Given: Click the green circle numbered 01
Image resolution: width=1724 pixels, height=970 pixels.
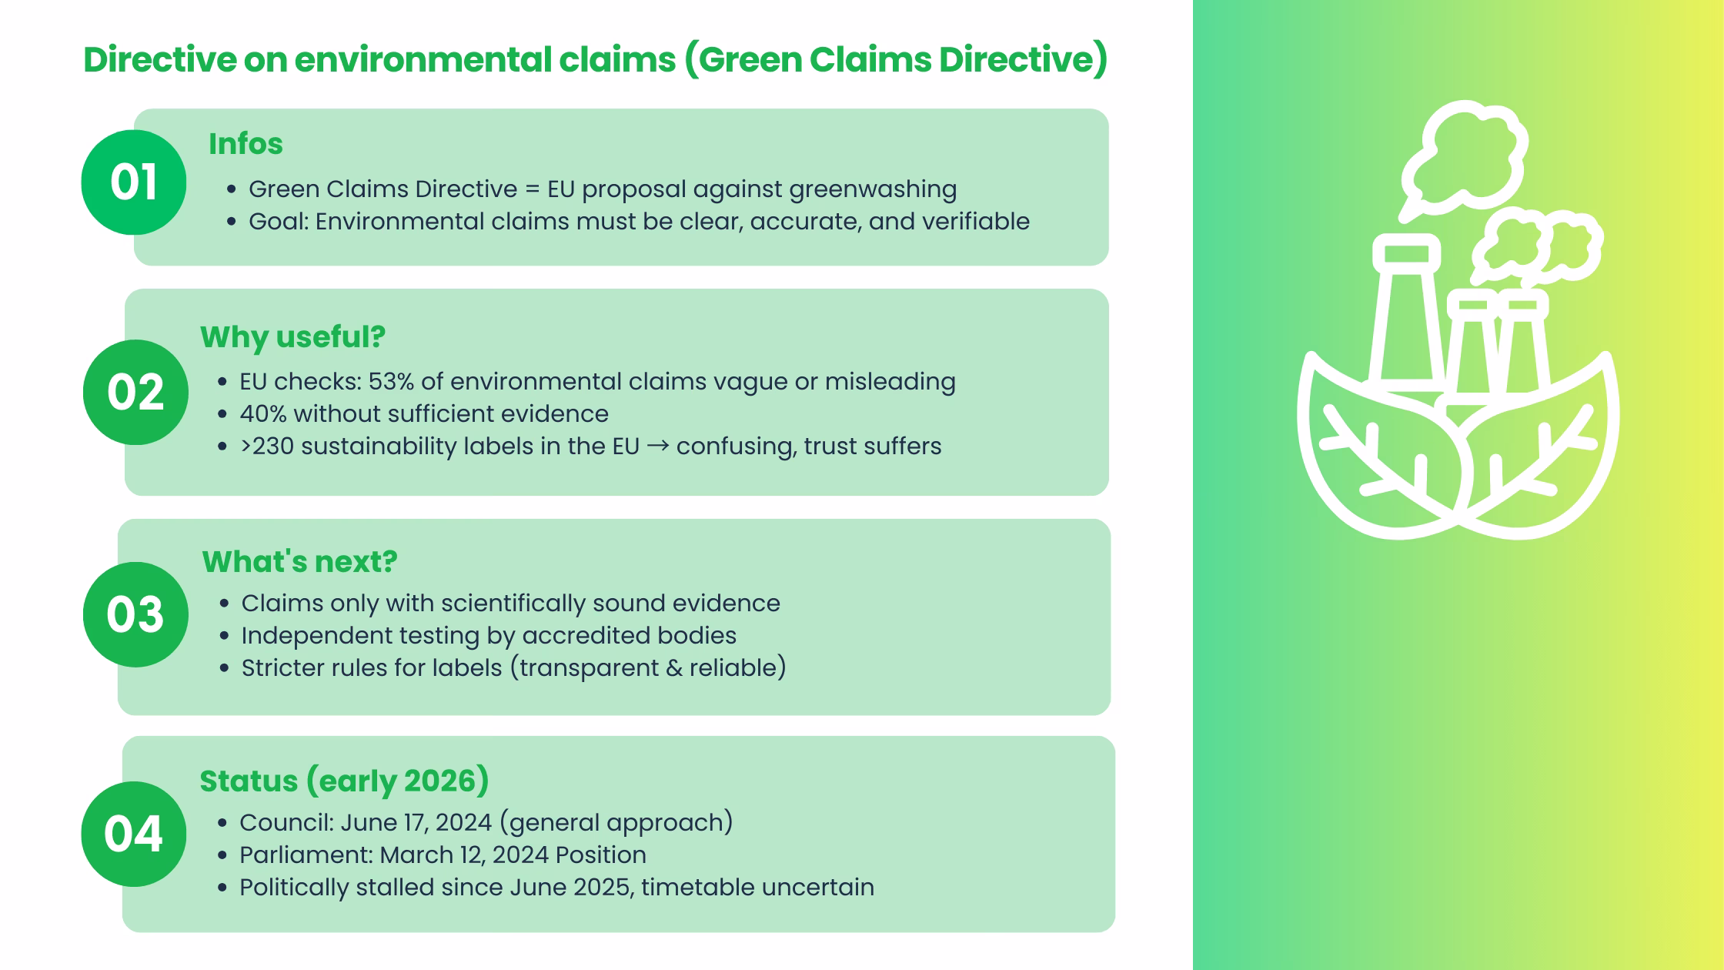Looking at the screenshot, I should [133, 182].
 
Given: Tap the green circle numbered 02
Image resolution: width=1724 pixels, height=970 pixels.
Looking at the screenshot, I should [135, 392].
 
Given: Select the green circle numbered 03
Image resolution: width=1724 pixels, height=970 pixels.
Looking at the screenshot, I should [135, 614].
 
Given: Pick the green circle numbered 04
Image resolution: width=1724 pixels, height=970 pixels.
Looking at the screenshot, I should [133, 834].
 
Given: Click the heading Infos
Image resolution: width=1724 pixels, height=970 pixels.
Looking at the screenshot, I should [246, 144].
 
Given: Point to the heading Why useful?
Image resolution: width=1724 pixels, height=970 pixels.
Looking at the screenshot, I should [292, 336].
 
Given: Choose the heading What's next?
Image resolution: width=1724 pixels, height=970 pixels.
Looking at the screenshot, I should [299, 561].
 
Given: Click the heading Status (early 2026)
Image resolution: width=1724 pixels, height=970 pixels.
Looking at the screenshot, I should [344, 781].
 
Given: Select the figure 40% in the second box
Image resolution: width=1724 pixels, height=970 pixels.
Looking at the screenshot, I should [262, 414].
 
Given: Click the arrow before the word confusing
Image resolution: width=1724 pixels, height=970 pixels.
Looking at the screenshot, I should [658, 447].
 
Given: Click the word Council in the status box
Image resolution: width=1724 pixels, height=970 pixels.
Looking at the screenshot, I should [286, 822].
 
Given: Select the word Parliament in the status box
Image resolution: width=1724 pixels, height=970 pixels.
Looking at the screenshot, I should [306, 855].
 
